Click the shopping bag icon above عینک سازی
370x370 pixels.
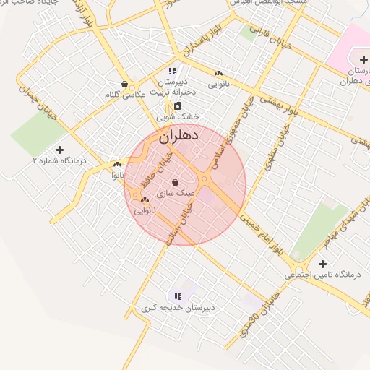pos(176,182)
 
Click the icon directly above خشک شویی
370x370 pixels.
pos(177,106)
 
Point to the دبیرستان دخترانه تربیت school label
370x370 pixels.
pos(171,87)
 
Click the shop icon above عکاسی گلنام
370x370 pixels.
pos(126,84)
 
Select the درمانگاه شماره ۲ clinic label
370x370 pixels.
pos(59,161)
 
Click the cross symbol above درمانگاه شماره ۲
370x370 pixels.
pos(59,150)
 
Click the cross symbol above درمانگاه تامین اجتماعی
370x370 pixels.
pos(322,264)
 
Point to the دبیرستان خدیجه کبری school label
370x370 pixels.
pos(177,308)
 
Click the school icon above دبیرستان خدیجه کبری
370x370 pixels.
pos(177,296)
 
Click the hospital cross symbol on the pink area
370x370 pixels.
pos(363,59)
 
